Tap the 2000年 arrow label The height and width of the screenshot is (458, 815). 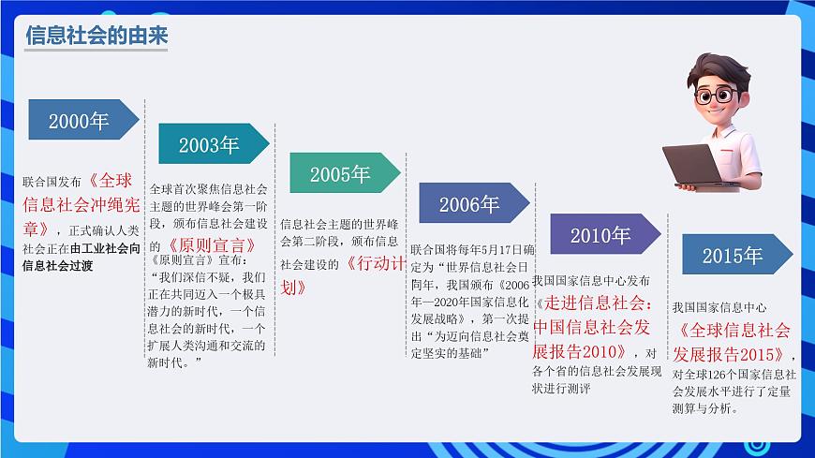79,121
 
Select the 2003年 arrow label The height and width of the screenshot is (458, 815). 209,145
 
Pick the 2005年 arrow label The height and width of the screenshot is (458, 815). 340,174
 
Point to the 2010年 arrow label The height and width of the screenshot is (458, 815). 600,235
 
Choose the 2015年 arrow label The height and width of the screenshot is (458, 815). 733,256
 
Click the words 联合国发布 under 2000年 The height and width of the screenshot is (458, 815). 52,182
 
